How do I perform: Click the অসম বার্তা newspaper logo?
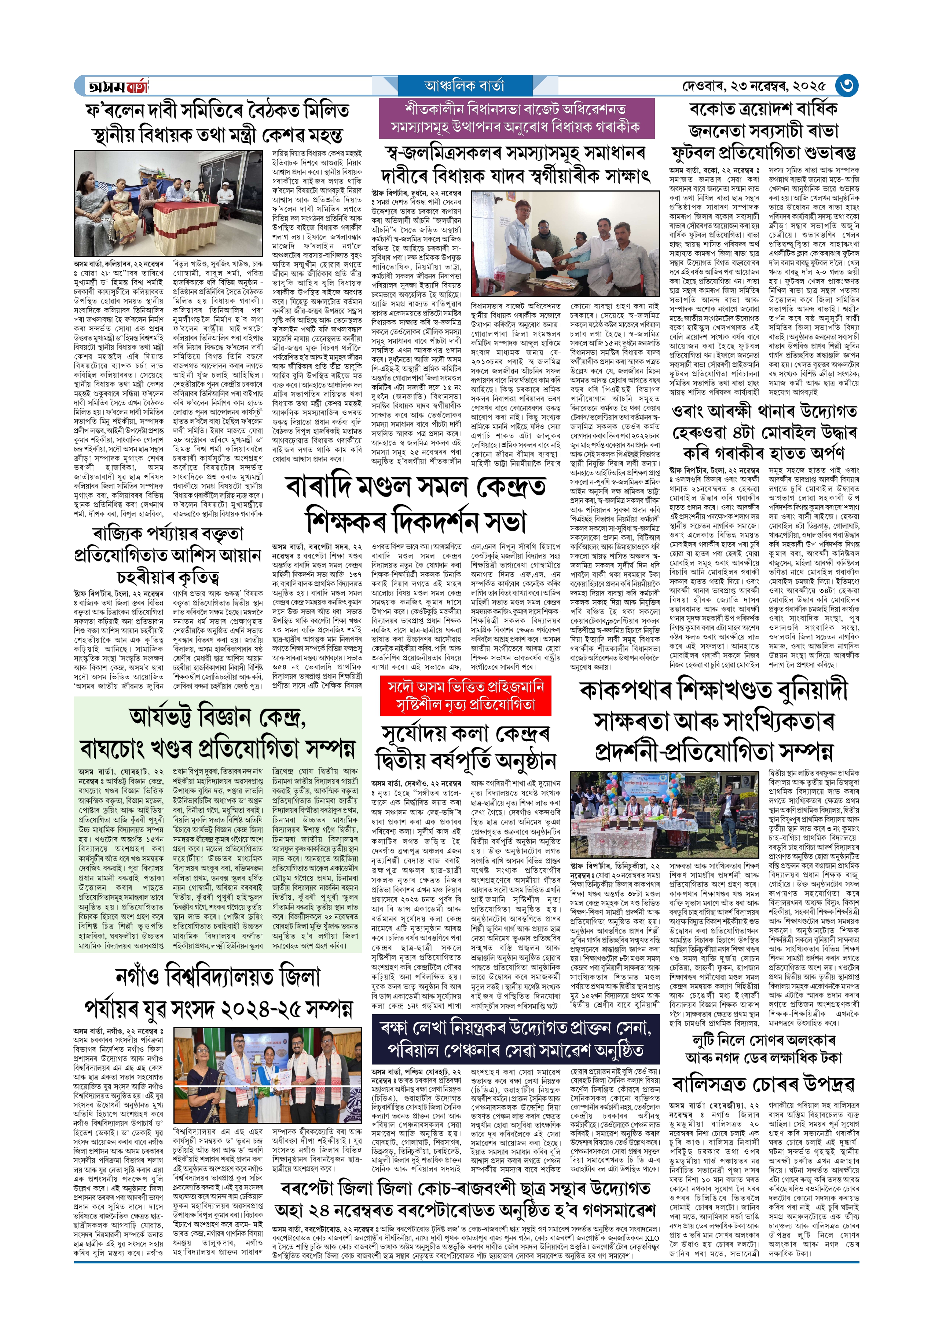coord(117,86)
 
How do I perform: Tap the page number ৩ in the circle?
coord(846,86)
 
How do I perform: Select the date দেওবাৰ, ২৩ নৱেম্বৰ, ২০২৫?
coord(754,86)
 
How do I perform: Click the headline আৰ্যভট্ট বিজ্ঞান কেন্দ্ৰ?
coord(218,717)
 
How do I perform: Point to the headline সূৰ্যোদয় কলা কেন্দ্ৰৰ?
coord(465,734)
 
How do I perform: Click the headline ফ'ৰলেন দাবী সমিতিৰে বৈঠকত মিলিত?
coord(218,109)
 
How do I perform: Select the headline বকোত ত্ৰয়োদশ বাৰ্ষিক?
coord(763,108)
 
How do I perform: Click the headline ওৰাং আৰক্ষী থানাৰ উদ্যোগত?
coord(763,411)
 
